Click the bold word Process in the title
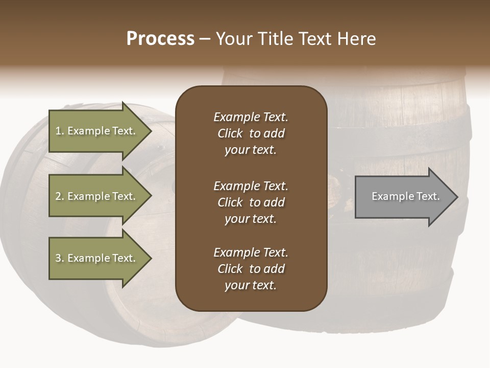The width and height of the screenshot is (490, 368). [160, 39]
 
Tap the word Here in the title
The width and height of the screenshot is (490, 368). [357, 39]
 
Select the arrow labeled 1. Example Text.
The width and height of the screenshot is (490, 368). [97, 131]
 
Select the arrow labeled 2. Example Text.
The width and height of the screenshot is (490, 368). [97, 196]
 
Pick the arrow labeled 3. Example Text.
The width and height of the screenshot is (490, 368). [97, 258]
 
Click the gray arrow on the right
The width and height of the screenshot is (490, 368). [403, 197]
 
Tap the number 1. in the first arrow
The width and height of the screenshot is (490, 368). [59, 131]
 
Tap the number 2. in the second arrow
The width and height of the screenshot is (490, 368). [59, 196]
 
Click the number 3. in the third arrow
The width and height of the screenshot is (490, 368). [59, 258]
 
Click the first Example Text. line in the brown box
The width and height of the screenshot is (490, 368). [251, 117]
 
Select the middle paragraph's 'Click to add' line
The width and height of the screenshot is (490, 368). [251, 202]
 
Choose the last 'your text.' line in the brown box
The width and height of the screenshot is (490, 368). [251, 286]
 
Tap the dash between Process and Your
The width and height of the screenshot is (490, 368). [205, 39]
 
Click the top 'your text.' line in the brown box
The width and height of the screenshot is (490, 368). [251, 150]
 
